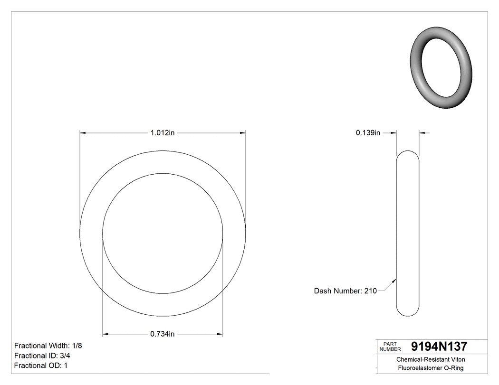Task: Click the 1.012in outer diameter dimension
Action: coord(163,133)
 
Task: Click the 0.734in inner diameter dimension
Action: coord(163,334)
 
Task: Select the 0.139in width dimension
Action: coord(368,133)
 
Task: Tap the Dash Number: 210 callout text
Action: coord(345,291)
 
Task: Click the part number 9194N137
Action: coord(439,346)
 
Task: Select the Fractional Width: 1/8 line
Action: coord(51,346)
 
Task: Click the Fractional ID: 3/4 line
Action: coord(43,356)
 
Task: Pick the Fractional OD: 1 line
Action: coord(41,366)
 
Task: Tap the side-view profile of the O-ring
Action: coord(408,233)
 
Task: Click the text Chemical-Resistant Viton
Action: coord(431,360)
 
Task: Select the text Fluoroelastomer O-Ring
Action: coord(431,368)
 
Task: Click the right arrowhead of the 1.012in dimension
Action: coord(243,133)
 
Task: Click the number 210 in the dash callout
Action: coord(370,291)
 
